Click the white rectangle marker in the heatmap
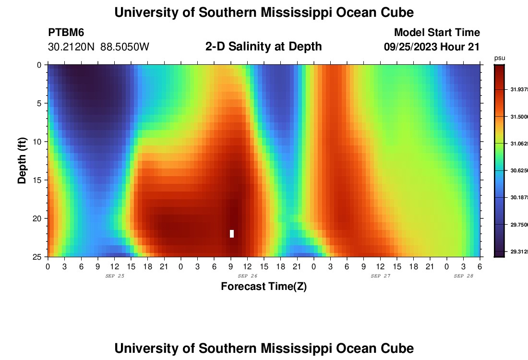point(232,234)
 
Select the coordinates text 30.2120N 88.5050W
point(99,47)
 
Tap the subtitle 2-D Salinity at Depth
point(264,47)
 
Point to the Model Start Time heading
point(437,33)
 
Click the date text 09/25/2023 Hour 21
point(432,47)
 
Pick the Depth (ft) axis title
point(22,160)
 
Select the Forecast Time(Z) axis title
point(264,287)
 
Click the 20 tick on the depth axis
point(38,218)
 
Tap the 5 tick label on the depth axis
point(40,103)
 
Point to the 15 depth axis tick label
point(38,180)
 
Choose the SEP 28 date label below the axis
point(464,276)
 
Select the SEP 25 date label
point(115,276)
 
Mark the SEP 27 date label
point(381,276)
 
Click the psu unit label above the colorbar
point(499,58)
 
